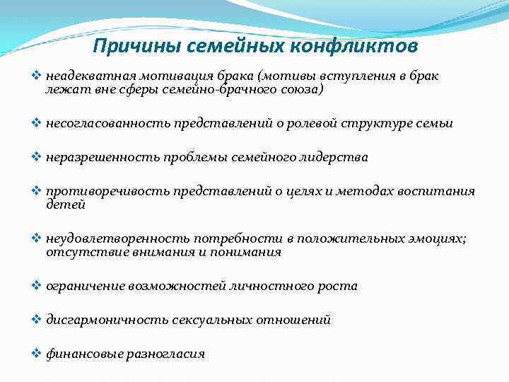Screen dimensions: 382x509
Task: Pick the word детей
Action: coord(66,204)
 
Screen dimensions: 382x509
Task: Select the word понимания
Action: coord(250,252)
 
